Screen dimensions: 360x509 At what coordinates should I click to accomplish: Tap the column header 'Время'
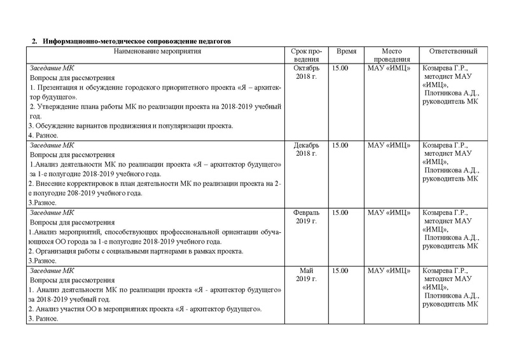(x=346, y=51)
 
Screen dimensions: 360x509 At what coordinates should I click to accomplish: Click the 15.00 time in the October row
(x=340, y=68)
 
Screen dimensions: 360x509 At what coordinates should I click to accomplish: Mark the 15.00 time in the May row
(x=340, y=271)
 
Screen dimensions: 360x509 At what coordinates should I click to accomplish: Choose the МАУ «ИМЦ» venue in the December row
(x=389, y=146)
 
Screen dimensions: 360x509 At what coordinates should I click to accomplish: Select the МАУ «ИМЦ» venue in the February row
(x=389, y=213)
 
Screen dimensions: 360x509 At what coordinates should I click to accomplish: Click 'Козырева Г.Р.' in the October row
(x=445, y=68)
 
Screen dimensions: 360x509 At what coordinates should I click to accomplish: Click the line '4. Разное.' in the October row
(x=44, y=135)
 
